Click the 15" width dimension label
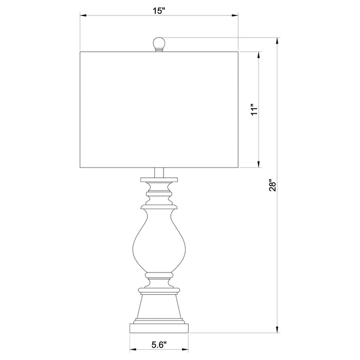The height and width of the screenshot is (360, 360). click(x=159, y=10)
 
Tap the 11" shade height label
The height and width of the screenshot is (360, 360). click(x=253, y=110)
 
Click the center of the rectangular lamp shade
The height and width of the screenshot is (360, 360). click(x=159, y=110)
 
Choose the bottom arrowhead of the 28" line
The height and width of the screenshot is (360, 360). click(x=278, y=329)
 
